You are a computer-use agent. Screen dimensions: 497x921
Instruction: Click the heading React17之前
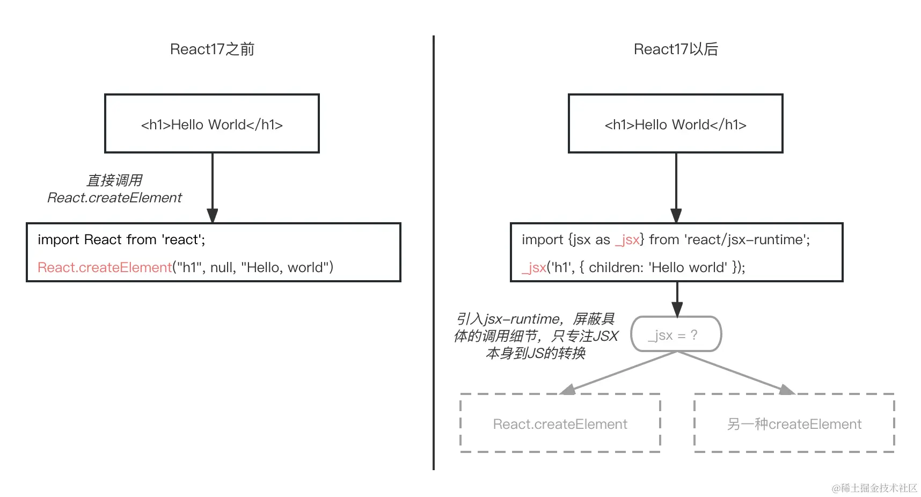coord(212,49)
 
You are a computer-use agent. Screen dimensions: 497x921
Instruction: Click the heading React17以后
coord(676,49)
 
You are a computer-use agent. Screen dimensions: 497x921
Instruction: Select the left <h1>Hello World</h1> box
coord(212,124)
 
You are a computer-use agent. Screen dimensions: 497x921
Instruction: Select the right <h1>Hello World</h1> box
coord(676,124)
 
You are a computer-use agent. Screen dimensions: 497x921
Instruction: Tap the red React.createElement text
coord(104,267)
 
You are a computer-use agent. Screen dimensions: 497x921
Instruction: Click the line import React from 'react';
coord(121,239)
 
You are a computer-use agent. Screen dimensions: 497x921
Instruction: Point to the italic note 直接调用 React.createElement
coord(114,189)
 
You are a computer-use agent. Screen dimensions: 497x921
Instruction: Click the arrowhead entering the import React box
coord(213,215)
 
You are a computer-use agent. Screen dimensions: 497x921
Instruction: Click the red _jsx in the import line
coord(627,239)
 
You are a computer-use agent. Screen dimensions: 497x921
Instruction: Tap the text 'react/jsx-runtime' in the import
coord(746,239)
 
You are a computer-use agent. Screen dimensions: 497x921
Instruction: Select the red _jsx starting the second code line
coord(534,267)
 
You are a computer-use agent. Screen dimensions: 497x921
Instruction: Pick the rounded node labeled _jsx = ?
coord(676,334)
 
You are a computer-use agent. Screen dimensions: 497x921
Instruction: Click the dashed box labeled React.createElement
coord(560,424)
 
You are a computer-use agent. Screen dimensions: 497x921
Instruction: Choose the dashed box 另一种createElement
coord(794,424)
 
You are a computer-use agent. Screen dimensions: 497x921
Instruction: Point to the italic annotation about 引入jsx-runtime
coord(536,336)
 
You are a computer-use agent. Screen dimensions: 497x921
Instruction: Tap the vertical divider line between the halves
coord(434,252)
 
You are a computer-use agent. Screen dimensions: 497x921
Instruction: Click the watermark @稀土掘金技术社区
coord(874,488)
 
